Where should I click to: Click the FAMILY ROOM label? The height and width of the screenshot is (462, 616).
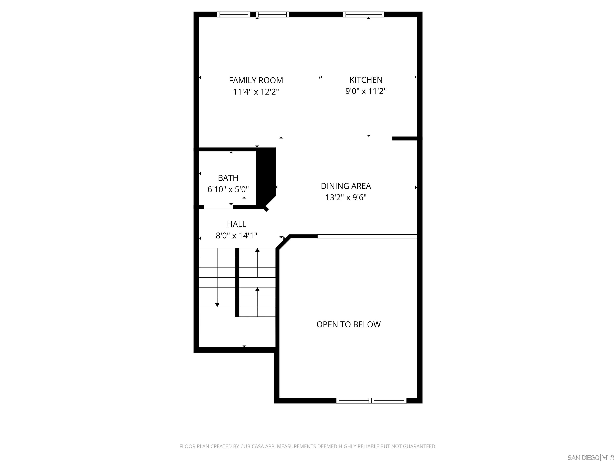(256, 80)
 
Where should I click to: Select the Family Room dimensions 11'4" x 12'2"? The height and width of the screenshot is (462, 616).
(256, 92)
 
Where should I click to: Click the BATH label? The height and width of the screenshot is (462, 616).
(228, 178)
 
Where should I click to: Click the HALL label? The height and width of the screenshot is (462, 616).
(236, 224)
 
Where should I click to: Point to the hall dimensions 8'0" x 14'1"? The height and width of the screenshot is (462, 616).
(236, 236)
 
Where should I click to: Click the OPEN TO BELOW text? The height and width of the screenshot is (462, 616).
(348, 324)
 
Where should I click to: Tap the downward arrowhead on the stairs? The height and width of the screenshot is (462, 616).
(217, 305)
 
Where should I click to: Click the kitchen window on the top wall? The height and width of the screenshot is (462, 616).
(363, 14)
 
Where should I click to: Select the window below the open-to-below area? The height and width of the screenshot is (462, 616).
(371, 401)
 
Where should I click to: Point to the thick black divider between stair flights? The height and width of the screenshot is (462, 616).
(237, 282)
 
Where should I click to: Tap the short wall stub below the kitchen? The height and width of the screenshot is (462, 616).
(404, 138)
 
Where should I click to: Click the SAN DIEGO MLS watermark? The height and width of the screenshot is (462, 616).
(590, 458)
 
